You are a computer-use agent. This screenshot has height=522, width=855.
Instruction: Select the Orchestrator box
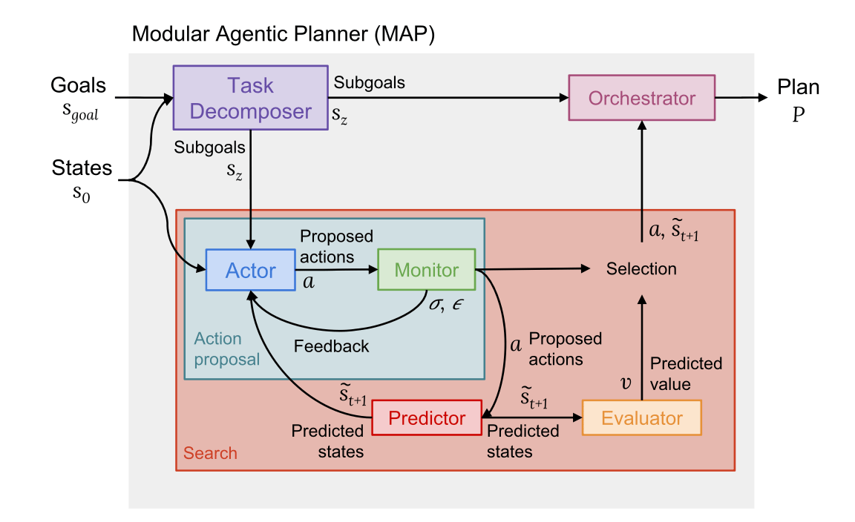tap(641, 98)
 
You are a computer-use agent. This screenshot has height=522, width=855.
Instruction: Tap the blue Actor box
tap(251, 271)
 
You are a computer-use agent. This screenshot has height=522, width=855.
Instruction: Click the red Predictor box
tap(427, 418)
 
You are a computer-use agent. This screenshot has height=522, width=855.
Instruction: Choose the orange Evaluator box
tap(641, 418)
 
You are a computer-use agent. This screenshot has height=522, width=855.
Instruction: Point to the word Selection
tap(641, 269)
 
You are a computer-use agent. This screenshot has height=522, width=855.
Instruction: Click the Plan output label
tap(798, 87)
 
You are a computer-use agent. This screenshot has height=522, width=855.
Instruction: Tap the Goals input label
tap(78, 85)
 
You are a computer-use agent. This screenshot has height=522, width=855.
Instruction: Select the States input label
tap(82, 168)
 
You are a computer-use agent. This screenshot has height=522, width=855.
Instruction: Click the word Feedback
tap(331, 346)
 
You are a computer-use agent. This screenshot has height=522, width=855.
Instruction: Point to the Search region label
tap(210, 453)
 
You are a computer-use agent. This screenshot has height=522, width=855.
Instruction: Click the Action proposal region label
tap(226, 349)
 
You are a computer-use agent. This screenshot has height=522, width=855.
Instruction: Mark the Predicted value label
tap(686, 374)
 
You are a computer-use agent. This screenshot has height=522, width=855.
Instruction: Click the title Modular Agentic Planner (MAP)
tap(283, 34)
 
